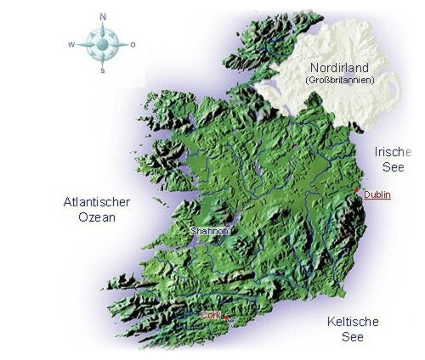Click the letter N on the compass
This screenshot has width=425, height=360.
coord(103,15)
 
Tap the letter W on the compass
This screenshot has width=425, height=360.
coord(72,44)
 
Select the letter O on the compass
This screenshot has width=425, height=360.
coord(133,44)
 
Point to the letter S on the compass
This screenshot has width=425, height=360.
coord(103,72)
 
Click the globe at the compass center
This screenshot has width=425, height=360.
coord(103,44)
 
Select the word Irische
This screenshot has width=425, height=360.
coord(392,151)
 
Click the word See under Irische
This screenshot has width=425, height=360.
coord(392,167)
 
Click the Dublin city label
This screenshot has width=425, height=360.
coord(377,195)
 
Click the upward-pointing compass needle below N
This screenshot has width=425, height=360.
coord(103,30)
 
